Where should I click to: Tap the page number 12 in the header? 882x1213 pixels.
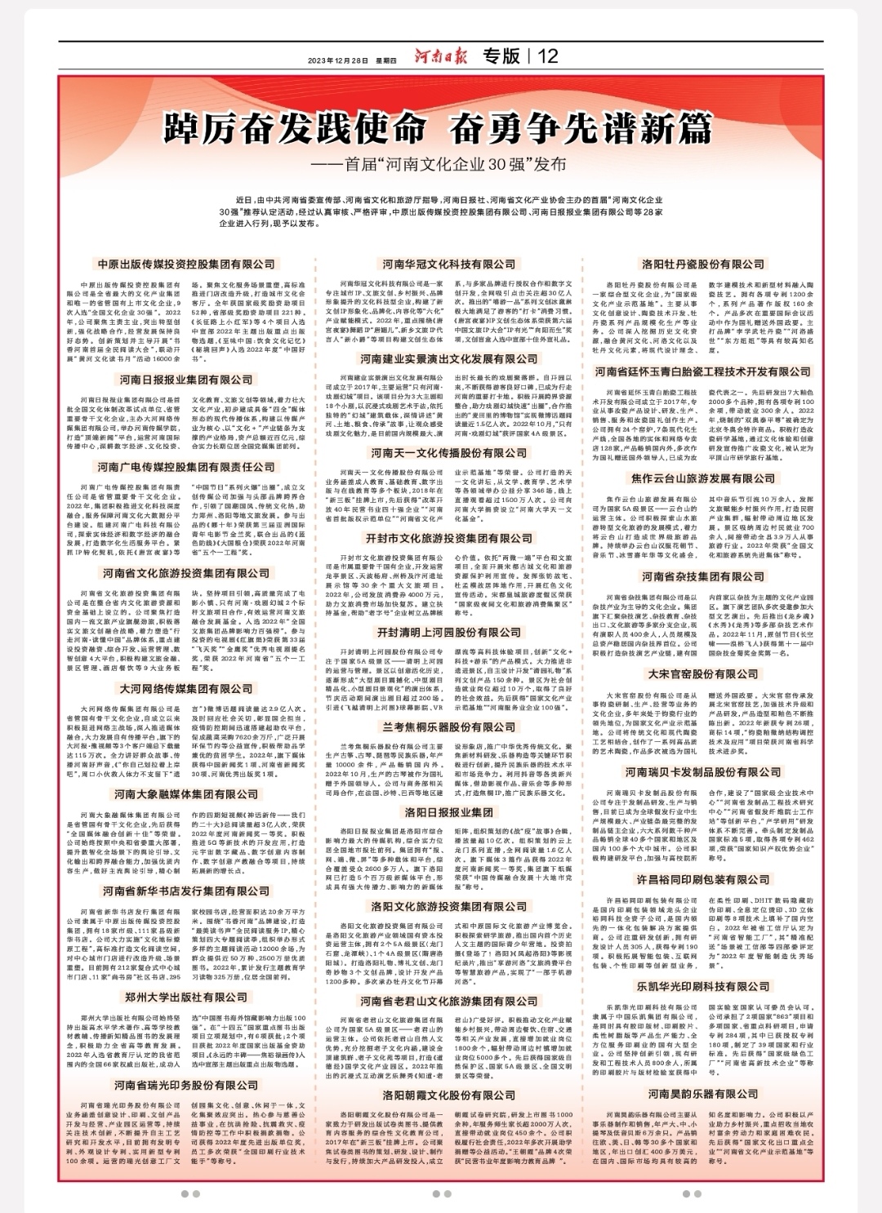(548, 56)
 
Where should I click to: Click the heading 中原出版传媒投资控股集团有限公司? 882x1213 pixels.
(186, 264)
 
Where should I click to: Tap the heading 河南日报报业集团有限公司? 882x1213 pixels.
(186, 380)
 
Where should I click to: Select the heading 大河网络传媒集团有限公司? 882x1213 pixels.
(186, 689)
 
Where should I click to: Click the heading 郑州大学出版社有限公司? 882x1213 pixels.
(186, 998)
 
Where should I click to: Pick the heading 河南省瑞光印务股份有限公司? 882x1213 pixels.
(186, 1086)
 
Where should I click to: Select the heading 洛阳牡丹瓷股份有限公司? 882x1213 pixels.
(703, 264)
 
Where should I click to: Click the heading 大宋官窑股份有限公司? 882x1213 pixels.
(703, 675)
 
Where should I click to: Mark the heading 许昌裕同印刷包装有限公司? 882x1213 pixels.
(703, 880)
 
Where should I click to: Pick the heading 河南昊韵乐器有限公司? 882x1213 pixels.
(703, 1094)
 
